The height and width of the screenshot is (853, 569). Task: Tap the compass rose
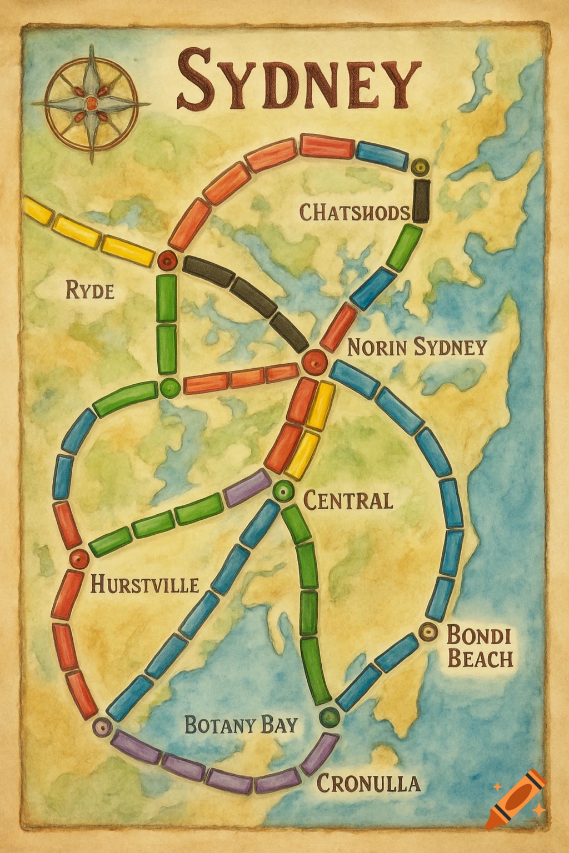click(x=91, y=103)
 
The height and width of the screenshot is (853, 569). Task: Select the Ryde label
click(x=90, y=290)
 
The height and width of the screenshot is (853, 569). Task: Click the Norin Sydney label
click(x=417, y=348)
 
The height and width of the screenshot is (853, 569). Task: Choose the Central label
click(x=348, y=500)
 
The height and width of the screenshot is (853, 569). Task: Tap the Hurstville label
click(x=144, y=584)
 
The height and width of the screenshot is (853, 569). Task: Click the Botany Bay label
click(x=241, y=725)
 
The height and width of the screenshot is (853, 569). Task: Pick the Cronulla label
click(x=368, y=783)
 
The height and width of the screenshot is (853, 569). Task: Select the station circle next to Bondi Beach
click(x=428, y=631)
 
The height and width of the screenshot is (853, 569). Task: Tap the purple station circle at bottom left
click(x=102, y=726)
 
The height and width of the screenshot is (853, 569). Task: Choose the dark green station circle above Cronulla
click(x=330, y=717)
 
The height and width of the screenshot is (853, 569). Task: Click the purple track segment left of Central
click(x=247, y=487)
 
